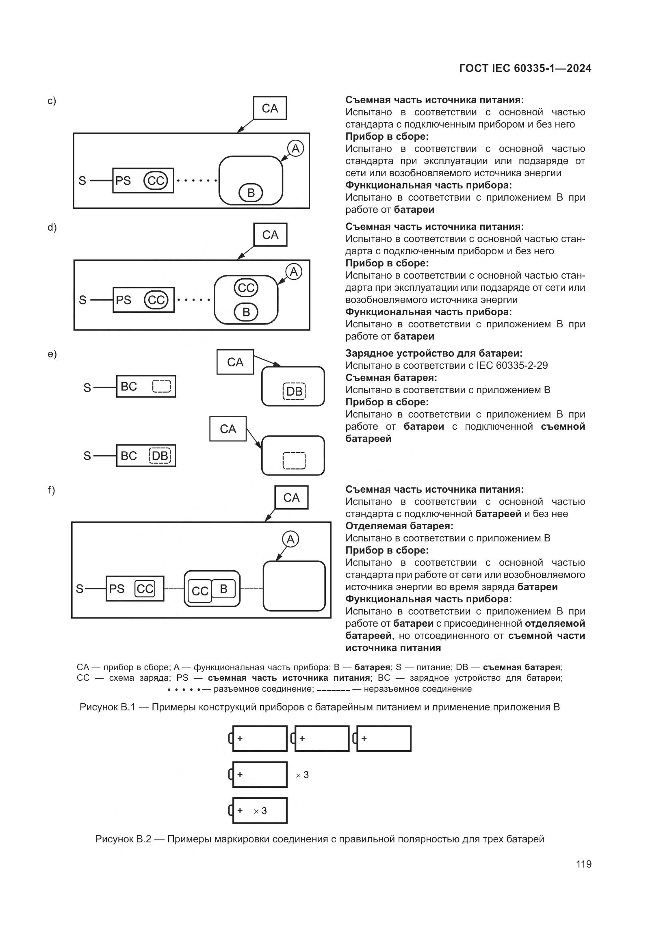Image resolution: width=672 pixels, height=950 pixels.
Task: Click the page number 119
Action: tap(583, 864)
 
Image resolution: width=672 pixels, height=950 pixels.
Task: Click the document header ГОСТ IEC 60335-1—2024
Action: tap(525, 69)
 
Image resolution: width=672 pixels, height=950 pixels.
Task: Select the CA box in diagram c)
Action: tap(270, 108)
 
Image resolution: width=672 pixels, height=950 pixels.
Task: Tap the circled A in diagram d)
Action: tap(294, 272)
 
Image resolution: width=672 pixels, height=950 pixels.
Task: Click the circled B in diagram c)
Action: tap(251, 193)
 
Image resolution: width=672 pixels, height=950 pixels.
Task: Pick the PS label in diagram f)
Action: tap(117, 589)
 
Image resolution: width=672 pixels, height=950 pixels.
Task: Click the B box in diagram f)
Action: tap(223, 589)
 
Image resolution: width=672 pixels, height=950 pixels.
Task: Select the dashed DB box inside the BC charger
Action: tap(160, 456)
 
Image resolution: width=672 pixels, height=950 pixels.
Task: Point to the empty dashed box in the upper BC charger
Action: tap(161, 386)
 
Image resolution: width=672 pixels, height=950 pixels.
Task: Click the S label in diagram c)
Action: tap(82, 181)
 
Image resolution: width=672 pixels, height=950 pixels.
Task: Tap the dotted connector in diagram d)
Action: tap(194, 300)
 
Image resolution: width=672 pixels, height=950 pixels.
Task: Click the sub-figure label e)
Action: tap(52, 354)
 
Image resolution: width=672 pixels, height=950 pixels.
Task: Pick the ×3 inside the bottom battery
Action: tap(260, 811)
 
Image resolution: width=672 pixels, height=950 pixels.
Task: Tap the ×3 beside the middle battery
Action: tap(302, 775)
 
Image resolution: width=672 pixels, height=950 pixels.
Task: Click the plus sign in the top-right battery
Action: tap(364, 738)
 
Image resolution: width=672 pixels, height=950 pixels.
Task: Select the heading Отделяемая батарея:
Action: tap(399, 526)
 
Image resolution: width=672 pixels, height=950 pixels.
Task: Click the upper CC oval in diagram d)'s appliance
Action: tap(246, 288)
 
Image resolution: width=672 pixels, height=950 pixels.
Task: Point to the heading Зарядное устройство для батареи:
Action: tap(434, 353)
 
